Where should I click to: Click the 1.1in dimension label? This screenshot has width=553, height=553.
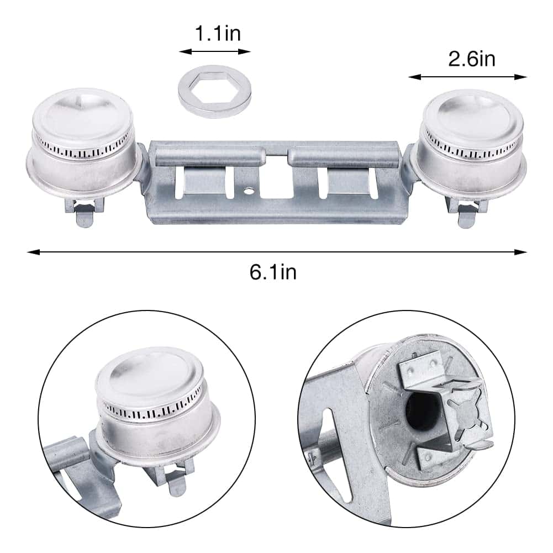[218, 33]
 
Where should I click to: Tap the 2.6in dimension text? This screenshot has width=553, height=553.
[472, 59]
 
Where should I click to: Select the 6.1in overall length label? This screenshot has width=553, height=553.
[273, 272]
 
